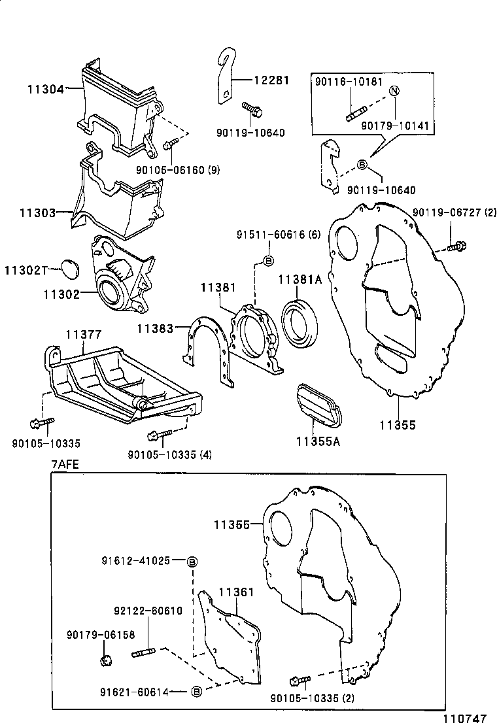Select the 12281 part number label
pos(271,80)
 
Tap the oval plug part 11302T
pos(71,270)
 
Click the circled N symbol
pos(394,91)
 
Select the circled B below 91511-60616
pos(268,261)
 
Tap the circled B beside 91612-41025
pos(192,562)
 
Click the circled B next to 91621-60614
pos(197,692)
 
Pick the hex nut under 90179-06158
pos(106,660)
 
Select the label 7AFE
pos(65,465)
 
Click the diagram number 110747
pos(464,719)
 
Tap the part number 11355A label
pos(318,441)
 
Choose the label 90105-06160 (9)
pos(178,170)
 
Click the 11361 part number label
pos(237,592)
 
